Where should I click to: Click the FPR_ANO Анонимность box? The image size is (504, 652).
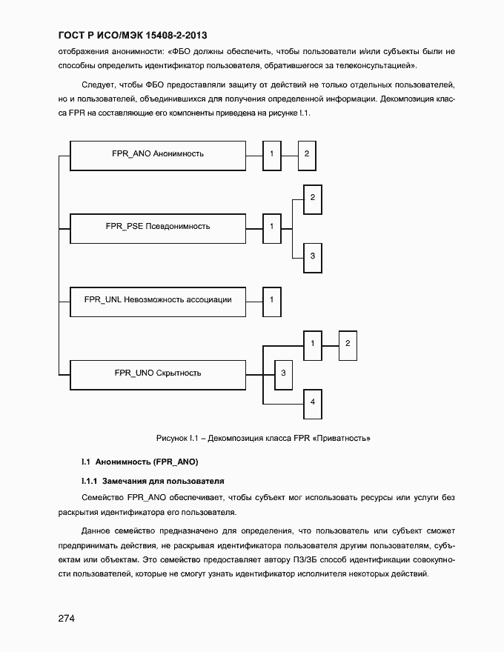point(157,154)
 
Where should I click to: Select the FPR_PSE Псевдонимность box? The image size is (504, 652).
point(157,226)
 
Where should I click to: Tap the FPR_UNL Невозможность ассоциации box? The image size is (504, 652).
point(157,299)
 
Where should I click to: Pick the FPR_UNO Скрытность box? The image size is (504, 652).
point(157,373)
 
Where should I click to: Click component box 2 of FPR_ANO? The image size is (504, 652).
point(307,153)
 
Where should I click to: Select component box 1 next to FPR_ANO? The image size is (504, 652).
point(272,153)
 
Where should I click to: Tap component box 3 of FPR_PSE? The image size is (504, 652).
point(313,256)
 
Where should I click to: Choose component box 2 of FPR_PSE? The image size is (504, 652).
point(313,198)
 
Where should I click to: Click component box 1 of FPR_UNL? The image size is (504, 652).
point(272,299)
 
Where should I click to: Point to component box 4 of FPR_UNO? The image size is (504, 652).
point(313,402)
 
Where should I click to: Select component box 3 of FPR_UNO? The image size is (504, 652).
point(283,373)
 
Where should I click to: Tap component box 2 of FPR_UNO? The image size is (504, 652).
point(348,344)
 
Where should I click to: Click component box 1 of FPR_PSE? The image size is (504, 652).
point(272,226)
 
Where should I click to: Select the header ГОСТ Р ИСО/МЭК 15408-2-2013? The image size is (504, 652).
point(133,35)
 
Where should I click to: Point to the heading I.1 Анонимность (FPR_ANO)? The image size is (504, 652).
point(140,462)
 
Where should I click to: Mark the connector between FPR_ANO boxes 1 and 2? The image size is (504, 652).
point(290,153)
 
